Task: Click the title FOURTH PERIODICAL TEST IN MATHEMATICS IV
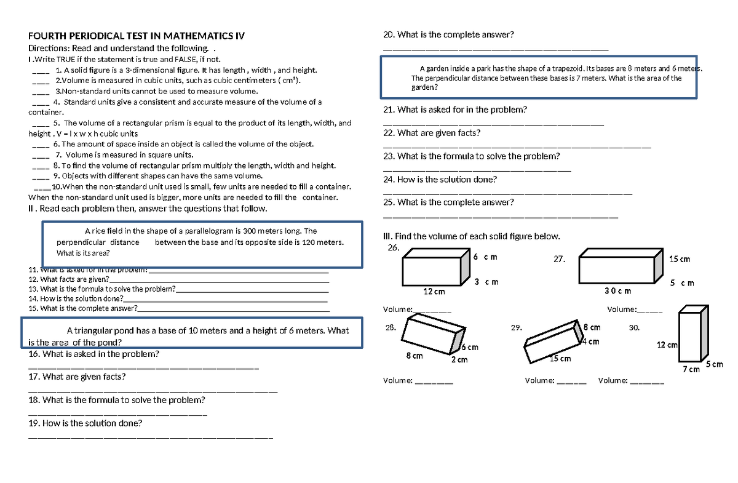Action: pos(137,36)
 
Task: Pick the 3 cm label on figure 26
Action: pos(486,282)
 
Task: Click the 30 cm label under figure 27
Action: pos(617,290)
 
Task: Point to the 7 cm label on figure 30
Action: pos(692,370)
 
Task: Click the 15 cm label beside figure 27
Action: pos(680,259)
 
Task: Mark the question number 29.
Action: pos(515,328)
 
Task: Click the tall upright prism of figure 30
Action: pos(689,336)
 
